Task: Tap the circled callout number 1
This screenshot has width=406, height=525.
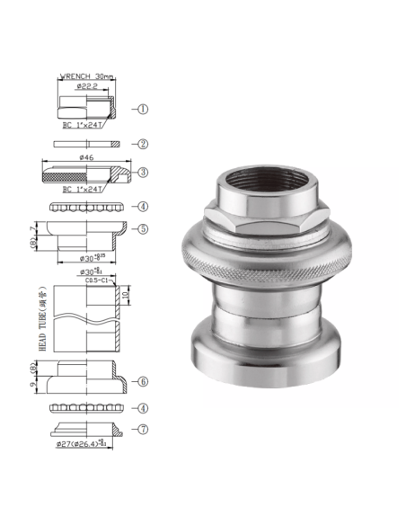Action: click(143, 109)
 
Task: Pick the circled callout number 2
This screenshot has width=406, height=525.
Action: click(143, 144)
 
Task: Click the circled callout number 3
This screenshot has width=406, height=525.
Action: click(143, 172)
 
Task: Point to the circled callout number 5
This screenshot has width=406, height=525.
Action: click(143, 229)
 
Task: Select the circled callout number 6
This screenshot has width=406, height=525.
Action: click(143, 381)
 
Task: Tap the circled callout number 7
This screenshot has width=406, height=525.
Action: click(143, 429)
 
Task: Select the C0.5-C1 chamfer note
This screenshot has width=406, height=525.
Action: click(96, 280)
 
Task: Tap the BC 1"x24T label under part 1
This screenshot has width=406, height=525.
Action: click(81, 126)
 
